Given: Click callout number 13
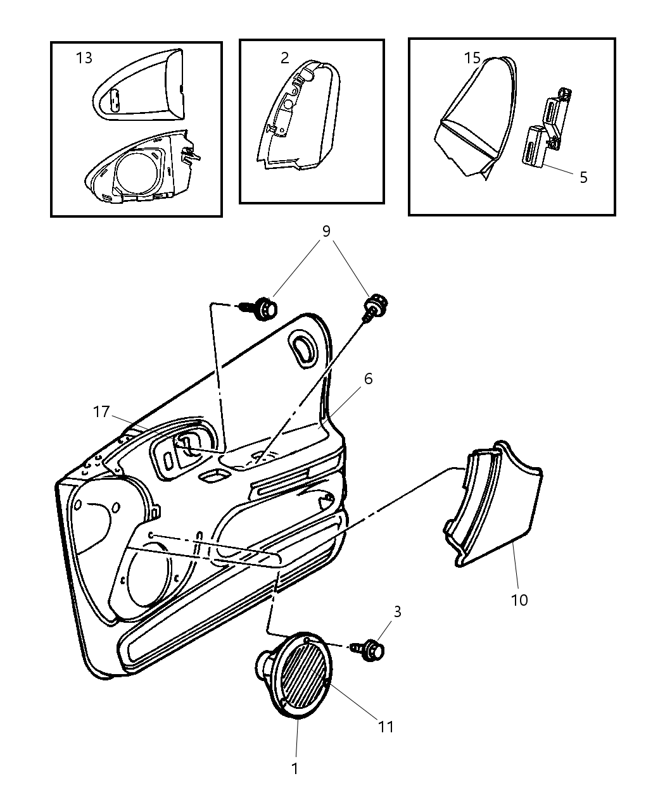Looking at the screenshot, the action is [x=84, y=58].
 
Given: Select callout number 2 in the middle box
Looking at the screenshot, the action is [x=285, y=58].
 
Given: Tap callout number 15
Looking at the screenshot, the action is [x=472, y=58].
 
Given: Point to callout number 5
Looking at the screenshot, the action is [x=583, y=177].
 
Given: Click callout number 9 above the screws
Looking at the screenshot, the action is [x=326, y=231].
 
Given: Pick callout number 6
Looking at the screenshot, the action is [x=369, y=378].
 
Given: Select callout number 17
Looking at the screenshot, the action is [x=101, y=412].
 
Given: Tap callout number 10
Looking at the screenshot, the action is [x=519, y=600].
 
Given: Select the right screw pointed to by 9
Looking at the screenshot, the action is [x=374, y=307].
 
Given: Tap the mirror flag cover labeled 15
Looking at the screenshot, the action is [x=475, y=118].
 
